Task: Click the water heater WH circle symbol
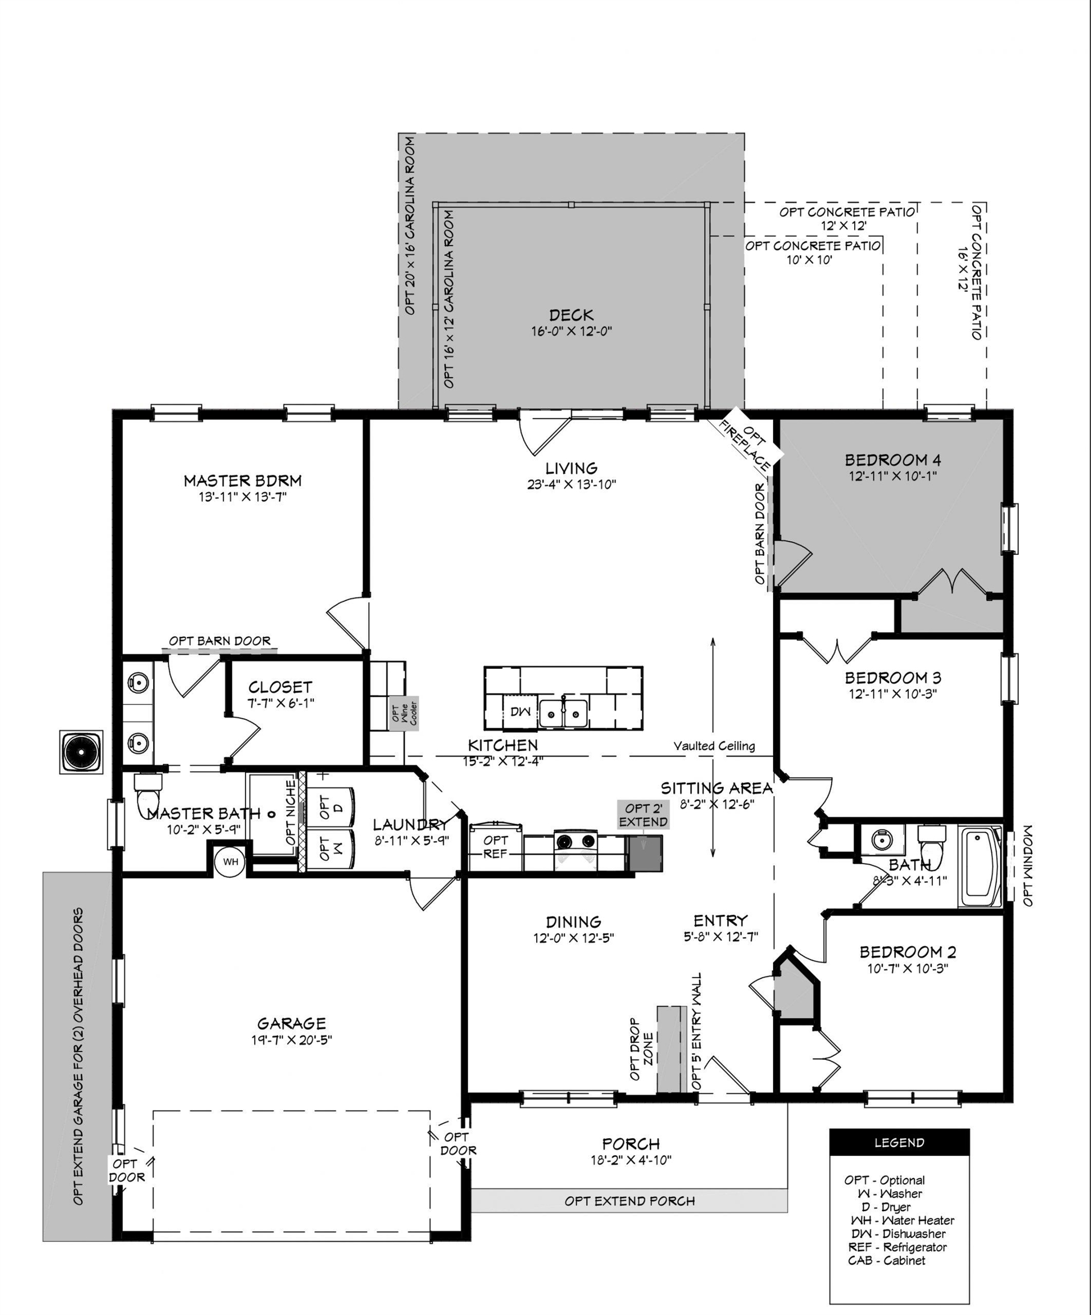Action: coord(231,862)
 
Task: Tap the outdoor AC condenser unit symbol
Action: coord(82,752)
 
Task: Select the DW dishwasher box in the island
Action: coord(520,712)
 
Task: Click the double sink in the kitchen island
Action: coord(563,714)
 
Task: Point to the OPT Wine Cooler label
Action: coord(404,713)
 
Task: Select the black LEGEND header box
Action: coord(899,1143)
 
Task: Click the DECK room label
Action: coord(571,315)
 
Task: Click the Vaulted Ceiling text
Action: coord(714,746)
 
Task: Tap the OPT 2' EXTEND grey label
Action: coord(643,814)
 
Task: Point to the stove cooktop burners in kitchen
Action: coord(575,841)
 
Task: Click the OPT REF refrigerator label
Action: coord(496,846)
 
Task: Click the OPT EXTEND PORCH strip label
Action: coord(629,1200)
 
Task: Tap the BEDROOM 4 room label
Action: coord(893,460)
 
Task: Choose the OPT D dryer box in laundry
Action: coord(331,808)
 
